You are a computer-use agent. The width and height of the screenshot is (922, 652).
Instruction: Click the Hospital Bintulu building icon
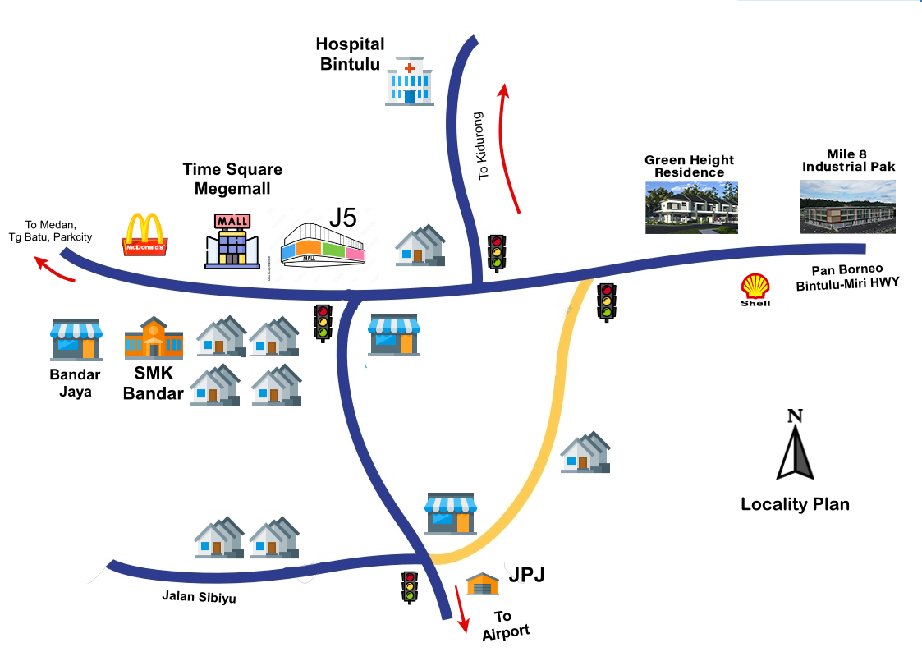point(409,80)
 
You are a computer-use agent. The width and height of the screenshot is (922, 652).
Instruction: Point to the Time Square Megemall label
point(232,179)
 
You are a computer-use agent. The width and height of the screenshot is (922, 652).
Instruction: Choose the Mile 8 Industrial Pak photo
point(847,207)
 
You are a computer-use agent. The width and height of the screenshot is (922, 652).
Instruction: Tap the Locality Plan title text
point(795,504)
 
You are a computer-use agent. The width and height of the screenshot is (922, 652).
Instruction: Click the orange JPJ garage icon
point(482,584)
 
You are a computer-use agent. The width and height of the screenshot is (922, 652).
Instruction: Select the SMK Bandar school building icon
point(154,337)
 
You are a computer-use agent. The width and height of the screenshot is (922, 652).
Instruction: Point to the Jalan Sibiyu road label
point(199,596)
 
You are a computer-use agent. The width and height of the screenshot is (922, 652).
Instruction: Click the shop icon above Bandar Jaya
point(76,339)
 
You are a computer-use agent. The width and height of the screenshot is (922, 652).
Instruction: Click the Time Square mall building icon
point(232,241)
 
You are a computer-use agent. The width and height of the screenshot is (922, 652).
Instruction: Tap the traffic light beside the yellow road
point(606,301)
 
